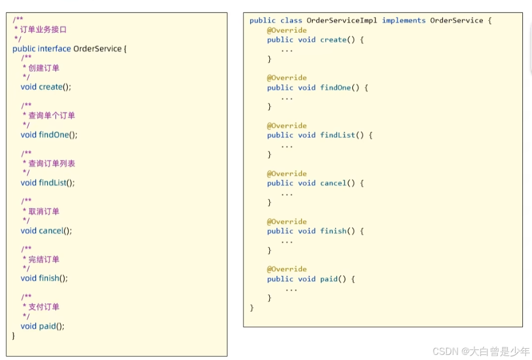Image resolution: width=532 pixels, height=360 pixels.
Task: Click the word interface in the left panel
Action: [54, 49]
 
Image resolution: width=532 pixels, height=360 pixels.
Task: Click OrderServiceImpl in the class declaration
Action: [342, 20]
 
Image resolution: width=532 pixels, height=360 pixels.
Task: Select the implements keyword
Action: [404, 20]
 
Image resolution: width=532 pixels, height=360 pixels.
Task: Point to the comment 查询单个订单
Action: [51, 115]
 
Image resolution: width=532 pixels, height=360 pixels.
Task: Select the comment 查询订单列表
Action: [51, 163]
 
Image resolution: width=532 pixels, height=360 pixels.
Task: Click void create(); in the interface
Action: [46, 87]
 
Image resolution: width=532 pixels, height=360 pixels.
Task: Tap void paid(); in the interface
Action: [42, 326]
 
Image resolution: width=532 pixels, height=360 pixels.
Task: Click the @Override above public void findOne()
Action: [287, 78]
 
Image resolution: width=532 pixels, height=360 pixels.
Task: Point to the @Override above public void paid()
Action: [287, 270]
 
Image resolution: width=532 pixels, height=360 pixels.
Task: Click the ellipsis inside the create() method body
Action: [287, 50]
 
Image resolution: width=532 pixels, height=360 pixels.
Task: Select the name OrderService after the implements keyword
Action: [456, 20]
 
